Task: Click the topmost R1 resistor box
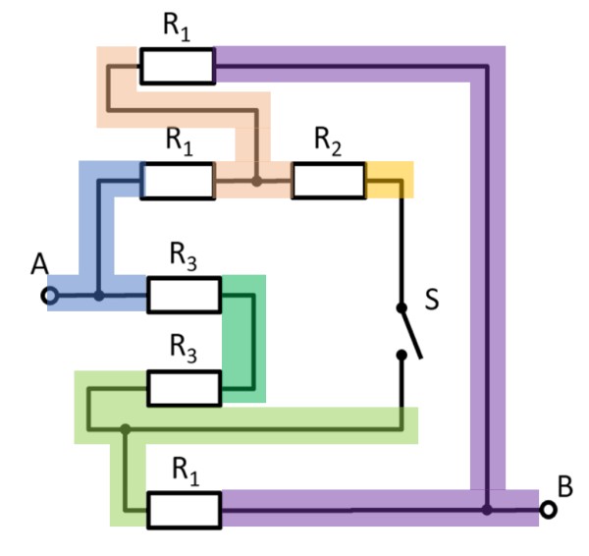tap(177, 66)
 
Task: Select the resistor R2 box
tap(328, 182)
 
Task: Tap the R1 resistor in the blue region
tap(177, 182)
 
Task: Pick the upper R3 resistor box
tap(184, 295)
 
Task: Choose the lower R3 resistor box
tap(184, 388)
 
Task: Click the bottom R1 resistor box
tap(184, 510)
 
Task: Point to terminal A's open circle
tap(51, 295)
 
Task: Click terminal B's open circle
tap(549, 510)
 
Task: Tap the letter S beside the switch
tap(431, 300)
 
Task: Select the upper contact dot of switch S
tap(401, 306)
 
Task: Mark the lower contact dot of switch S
tap(401, 356)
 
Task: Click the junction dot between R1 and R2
tap(256, 182)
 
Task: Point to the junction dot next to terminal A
tap(98, 295)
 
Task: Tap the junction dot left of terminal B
tap(487, 510)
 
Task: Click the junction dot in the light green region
tap(125, 428)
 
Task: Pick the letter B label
tap(564, 485)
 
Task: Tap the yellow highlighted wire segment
tap(389, 181)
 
